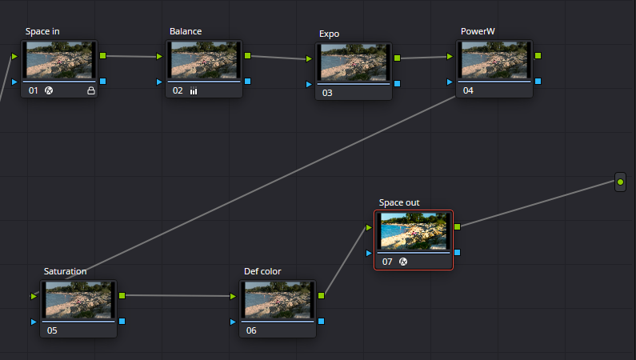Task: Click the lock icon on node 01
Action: [91, 91]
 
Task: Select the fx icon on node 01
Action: [49, 90]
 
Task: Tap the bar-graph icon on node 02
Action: [194, 91]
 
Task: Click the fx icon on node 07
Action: [403, 262]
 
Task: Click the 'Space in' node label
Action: [42, 31]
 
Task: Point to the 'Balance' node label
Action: [186, 31]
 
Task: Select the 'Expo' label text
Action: [329, 34]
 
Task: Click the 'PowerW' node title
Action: [478, 31]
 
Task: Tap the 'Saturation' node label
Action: [66, 271]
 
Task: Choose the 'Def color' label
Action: [262, 271]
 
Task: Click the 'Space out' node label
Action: [399, 202]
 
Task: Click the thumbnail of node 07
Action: [414, 230]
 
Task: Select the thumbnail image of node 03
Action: [354, 62]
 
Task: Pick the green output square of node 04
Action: [538, 55]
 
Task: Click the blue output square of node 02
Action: [247, 81]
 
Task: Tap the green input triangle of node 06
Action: [233, 296]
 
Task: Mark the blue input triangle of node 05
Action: [34, 322]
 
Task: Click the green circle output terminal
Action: [620, 182]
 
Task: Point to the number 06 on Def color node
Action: [251, 330]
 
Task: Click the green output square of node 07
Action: [457, 226]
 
